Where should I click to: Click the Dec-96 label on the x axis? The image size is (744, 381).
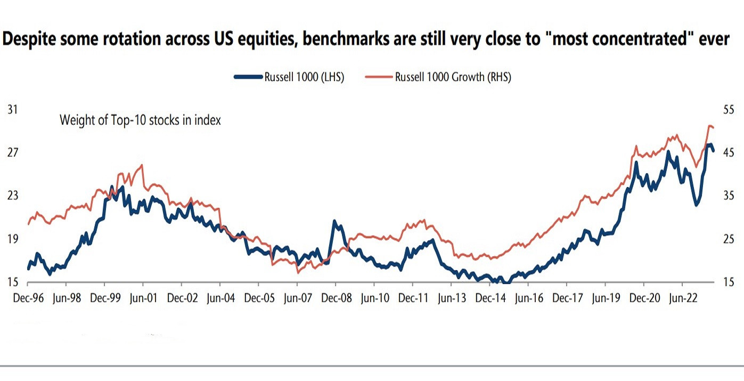pos(28,298)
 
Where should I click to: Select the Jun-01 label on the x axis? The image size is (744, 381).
pos(144,298)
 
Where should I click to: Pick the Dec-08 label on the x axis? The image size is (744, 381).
pos(336,298)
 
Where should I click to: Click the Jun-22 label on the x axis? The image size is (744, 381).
pos(684,298)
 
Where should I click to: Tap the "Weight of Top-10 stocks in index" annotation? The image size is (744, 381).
pos(140,120)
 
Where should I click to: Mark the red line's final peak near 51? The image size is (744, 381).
pos(710,126)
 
